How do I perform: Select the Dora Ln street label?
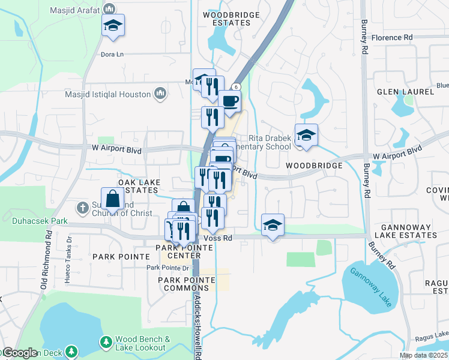tap(112, 54)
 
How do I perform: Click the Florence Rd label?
tap(392, 37)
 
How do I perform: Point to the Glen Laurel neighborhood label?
tap(401, 92)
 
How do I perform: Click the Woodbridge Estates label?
tap(231, 18)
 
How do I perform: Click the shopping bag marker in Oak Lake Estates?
tap(112, 197)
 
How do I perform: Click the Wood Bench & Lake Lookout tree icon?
tap(106, 342)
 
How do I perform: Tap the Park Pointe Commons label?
tap(187, 284)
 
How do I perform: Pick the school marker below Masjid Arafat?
tap(112, 25)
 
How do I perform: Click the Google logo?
tap(19, 353)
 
